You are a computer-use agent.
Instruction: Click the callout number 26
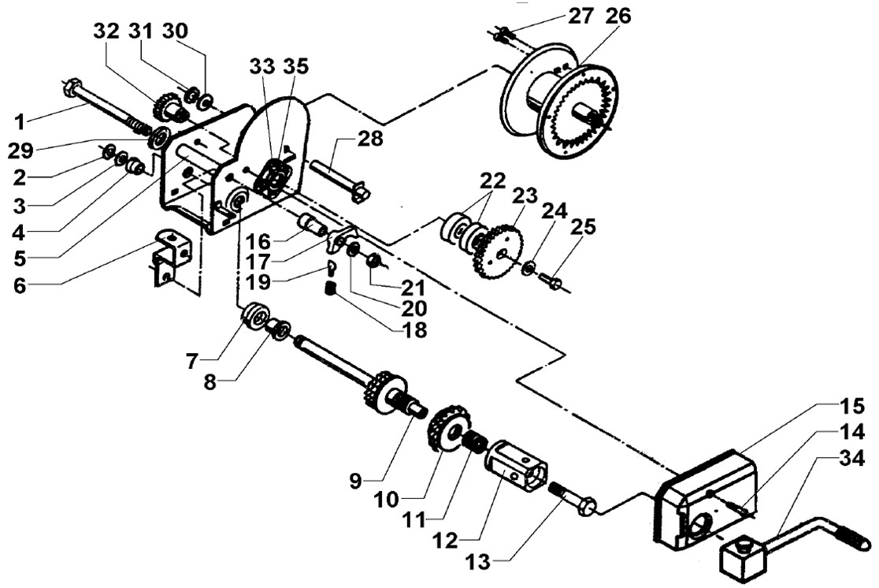618,16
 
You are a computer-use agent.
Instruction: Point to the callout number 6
20,285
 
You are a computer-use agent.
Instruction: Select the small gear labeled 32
165,106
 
